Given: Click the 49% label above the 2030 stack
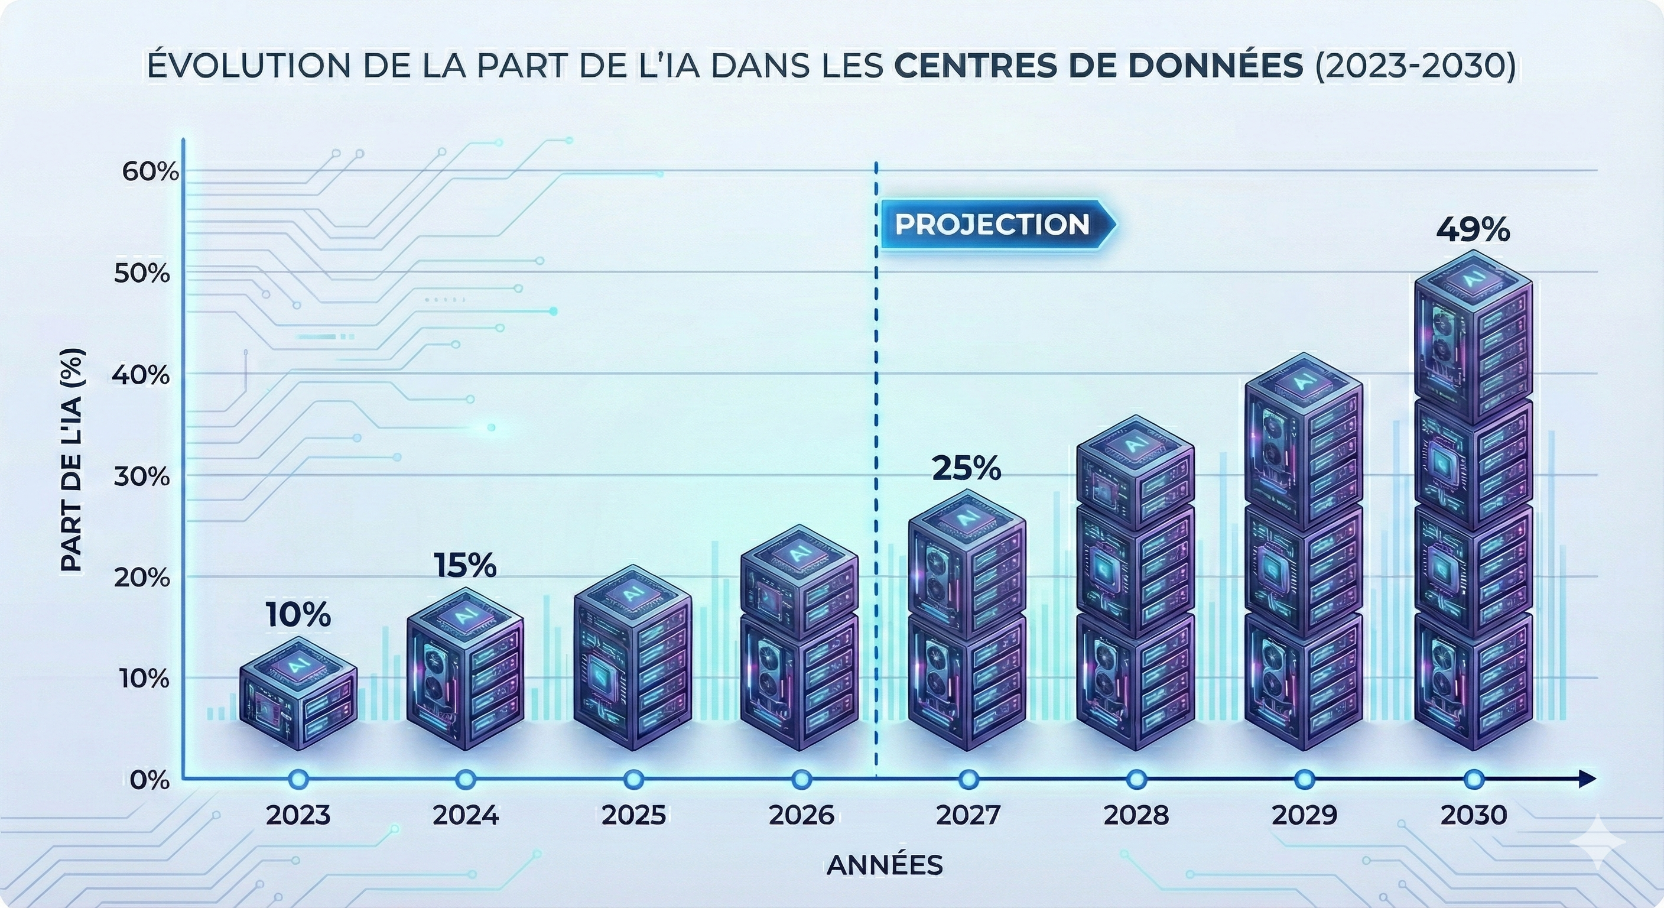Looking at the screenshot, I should (1473, 230).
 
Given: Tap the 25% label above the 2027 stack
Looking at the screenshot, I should (966, 469).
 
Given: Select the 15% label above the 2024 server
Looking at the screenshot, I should (465, 566).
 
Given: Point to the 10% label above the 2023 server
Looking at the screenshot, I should (298, 615).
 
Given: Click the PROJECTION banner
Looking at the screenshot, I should (993, 224).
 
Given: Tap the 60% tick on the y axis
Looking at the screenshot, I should (150, 172).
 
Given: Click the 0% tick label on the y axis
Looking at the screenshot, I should (149, 781).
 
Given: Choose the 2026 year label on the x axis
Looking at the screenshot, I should (802, 816).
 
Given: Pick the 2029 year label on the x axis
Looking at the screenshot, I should (1304, 816).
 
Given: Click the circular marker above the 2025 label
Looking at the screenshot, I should (633, 779).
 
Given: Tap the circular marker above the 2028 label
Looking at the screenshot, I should (1136, 779).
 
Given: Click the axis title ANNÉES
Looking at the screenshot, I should (885, 865).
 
